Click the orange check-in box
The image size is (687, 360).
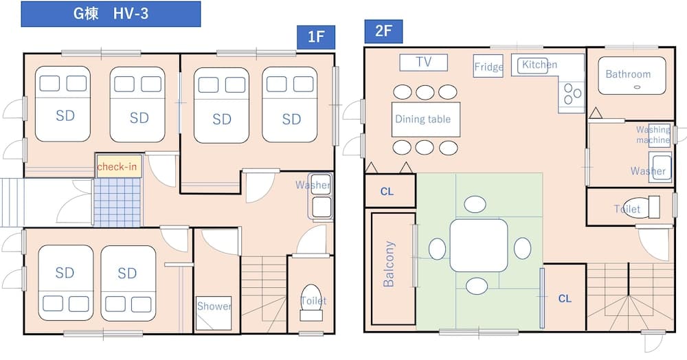pos(117,167)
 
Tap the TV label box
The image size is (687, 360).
pos(423,63)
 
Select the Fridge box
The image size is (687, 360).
pos(488,67)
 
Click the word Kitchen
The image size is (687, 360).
pos(539,65)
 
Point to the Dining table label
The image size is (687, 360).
pos(423,119)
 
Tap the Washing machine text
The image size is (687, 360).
pos(653,135)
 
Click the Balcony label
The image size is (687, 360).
pos(390,264)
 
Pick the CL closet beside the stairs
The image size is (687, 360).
pos(565,299)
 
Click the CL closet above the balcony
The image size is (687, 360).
pos(387,192)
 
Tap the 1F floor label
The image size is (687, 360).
pos(315,37)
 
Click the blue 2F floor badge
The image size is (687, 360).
pos(383,32)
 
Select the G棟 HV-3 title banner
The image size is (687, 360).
pos(111,14)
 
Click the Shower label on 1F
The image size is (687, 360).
pos(214,306)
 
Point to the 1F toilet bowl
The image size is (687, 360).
pos(312,302)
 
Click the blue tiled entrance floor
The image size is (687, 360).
pos(117,203)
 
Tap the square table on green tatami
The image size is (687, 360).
pos(479,245)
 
